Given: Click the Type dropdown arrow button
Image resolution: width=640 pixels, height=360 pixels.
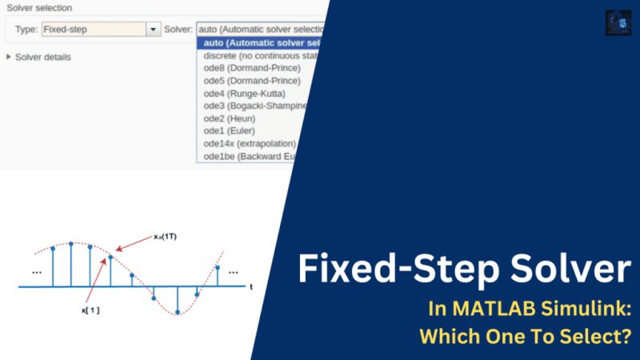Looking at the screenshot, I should [x=154, y=29].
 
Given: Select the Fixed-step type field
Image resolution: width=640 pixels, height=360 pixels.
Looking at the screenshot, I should [x=93, y=29].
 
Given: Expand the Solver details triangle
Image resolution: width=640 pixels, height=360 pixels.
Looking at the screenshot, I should [x=9, y=57].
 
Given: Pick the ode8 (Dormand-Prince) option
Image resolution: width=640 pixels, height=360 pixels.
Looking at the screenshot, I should [x=252, y=68].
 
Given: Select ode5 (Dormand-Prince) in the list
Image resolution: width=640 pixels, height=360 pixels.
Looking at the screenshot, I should [x=252, y=81].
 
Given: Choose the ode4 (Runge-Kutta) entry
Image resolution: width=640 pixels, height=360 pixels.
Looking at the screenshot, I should [x=244, y=94].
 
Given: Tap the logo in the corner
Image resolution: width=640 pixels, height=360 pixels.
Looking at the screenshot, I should [x=618, y=22].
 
